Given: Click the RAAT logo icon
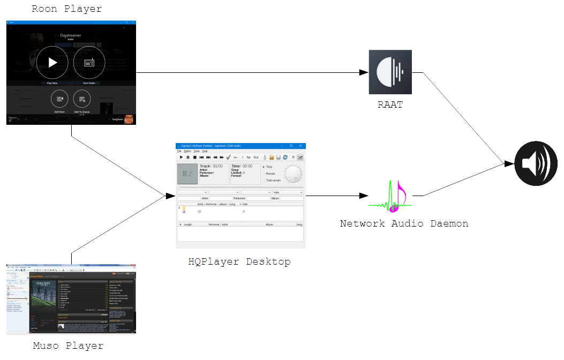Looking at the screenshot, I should (x=390, y=72).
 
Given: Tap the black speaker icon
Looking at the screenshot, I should (x=536, y=164).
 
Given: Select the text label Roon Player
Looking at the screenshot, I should (x=66, y=9).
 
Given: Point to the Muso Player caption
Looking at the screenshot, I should (x=68, y=346).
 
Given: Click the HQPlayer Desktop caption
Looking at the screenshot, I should (x=239, y=262).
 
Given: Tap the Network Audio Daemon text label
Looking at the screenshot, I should (x=404, y=223).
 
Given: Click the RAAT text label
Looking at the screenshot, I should (x=390, y=105).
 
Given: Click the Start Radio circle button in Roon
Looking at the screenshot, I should (x=89, y=63).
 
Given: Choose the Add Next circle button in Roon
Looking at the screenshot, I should (x=60, y=99).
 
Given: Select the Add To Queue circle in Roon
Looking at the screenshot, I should (x=82, y=99).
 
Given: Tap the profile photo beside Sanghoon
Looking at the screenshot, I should (x=129, y=119).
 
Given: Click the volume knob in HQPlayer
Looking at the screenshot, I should (x=293, y=174).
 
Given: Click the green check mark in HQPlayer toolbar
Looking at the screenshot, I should (x=229, y=157).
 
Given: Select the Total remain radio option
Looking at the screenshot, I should (x=264, y=180).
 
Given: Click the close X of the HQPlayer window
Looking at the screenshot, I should (x=300, y=145).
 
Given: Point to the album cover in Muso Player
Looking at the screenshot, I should (x=43, y=295).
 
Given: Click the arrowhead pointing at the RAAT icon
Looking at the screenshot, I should (x=363, y=72).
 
